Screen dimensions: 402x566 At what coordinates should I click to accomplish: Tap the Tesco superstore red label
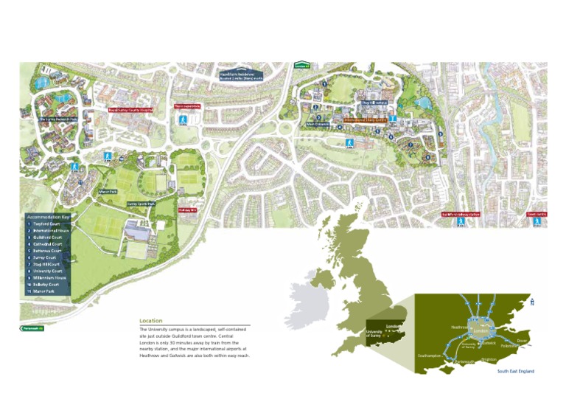[187, 106]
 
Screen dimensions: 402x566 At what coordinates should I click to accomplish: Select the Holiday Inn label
[187, 209]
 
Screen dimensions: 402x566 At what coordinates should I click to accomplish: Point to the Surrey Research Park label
[57, 118]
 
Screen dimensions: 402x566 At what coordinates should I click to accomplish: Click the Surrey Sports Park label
[141, 204]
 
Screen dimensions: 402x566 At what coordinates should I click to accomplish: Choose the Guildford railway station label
[461, 215]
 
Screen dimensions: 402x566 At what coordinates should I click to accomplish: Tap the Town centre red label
[537, 215]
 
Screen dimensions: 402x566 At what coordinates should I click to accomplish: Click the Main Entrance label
[318, 124]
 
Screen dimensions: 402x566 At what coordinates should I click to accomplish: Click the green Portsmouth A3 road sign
[32, 328]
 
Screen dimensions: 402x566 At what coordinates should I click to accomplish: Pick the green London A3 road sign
[301, 65]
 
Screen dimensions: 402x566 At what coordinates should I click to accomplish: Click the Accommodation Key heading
[49, 218]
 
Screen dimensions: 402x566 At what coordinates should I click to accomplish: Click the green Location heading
[151, 321]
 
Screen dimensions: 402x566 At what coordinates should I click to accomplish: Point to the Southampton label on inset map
[429, 356]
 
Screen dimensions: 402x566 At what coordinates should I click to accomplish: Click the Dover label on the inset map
[522, 341]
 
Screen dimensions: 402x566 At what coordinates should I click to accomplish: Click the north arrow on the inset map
[532, 302]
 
